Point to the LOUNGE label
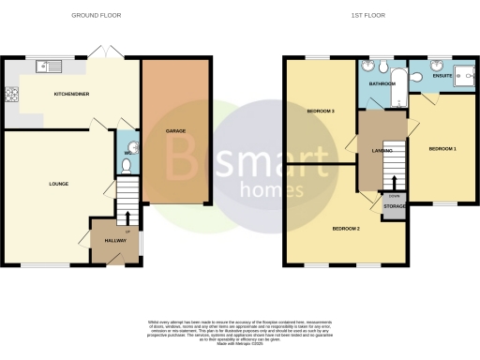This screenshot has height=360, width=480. pos(60,184)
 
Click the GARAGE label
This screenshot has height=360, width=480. pos(175,130)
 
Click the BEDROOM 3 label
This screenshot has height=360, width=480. pos(321,112)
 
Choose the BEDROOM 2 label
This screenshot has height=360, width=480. pos(347,228)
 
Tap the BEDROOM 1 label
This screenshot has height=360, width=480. pos(442,149)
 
